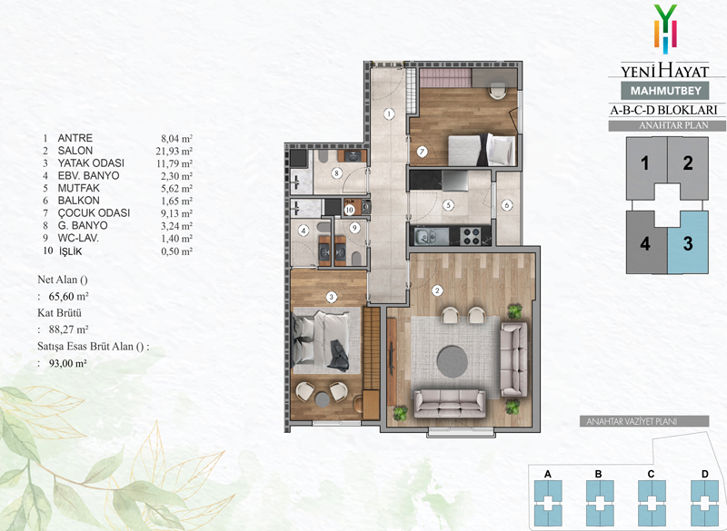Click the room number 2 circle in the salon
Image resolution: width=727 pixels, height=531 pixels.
pos(437,290)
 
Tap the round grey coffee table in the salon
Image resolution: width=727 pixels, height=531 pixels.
pos(453,361)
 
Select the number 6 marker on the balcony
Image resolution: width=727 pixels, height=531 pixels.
pos(507,205)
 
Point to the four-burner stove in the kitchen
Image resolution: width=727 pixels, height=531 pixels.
pos(472,236)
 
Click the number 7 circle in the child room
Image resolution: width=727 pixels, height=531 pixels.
pos(422,152)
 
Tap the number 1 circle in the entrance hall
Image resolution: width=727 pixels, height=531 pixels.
pos(389,113)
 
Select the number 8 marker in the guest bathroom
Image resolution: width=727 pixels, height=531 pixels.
pos(337,173)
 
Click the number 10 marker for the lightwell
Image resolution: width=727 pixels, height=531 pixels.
pos(350,210)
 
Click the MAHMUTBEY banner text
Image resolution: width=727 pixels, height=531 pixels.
pos(666,90)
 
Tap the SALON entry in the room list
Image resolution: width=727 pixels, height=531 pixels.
pos(75,151)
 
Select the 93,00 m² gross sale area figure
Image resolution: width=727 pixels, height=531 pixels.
pos(67,363)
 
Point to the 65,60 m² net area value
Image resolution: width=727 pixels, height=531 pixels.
pos(69,296)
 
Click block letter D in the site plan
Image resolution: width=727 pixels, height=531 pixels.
pos(705,474)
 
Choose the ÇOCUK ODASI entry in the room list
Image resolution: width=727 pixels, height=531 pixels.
pos(94,213)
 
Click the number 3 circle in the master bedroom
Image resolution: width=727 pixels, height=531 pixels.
pos(331,297)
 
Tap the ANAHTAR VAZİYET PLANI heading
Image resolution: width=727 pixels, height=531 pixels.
pos(644,422)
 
